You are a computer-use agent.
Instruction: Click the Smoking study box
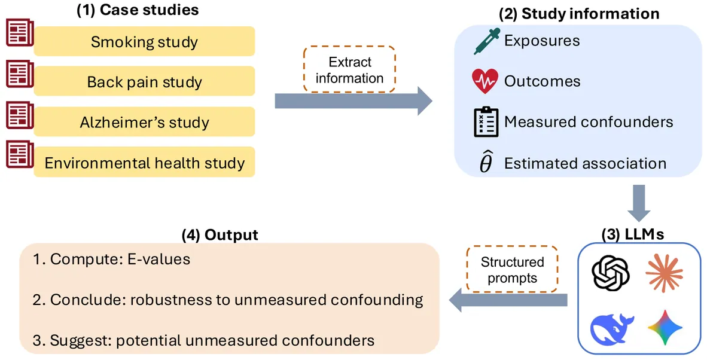point(144,41)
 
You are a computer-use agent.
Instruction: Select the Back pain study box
point(144,81)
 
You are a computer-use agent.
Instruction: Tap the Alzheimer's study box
point(144,121)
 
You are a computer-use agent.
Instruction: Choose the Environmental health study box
point(144,161)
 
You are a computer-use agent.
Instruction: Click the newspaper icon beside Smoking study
point(20,32)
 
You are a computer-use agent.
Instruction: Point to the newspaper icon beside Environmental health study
point(20,154)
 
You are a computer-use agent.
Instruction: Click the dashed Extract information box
point(349,69)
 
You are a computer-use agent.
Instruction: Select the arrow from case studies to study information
point(353,100)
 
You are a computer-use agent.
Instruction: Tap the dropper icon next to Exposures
point(486,41)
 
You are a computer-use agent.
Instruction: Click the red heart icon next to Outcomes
point(485,81)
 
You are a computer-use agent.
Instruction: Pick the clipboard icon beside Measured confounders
point(486,121)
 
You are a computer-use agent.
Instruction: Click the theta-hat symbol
point(486,161)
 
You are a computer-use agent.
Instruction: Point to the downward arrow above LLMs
point(639,203)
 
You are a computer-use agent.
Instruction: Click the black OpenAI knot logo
point(611,273)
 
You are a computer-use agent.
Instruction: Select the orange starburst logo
point(664,273)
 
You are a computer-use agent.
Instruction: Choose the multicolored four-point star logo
point(665,328)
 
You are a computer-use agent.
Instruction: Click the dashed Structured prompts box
point(512,270)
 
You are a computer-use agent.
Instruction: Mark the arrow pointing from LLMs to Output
point(508,300)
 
